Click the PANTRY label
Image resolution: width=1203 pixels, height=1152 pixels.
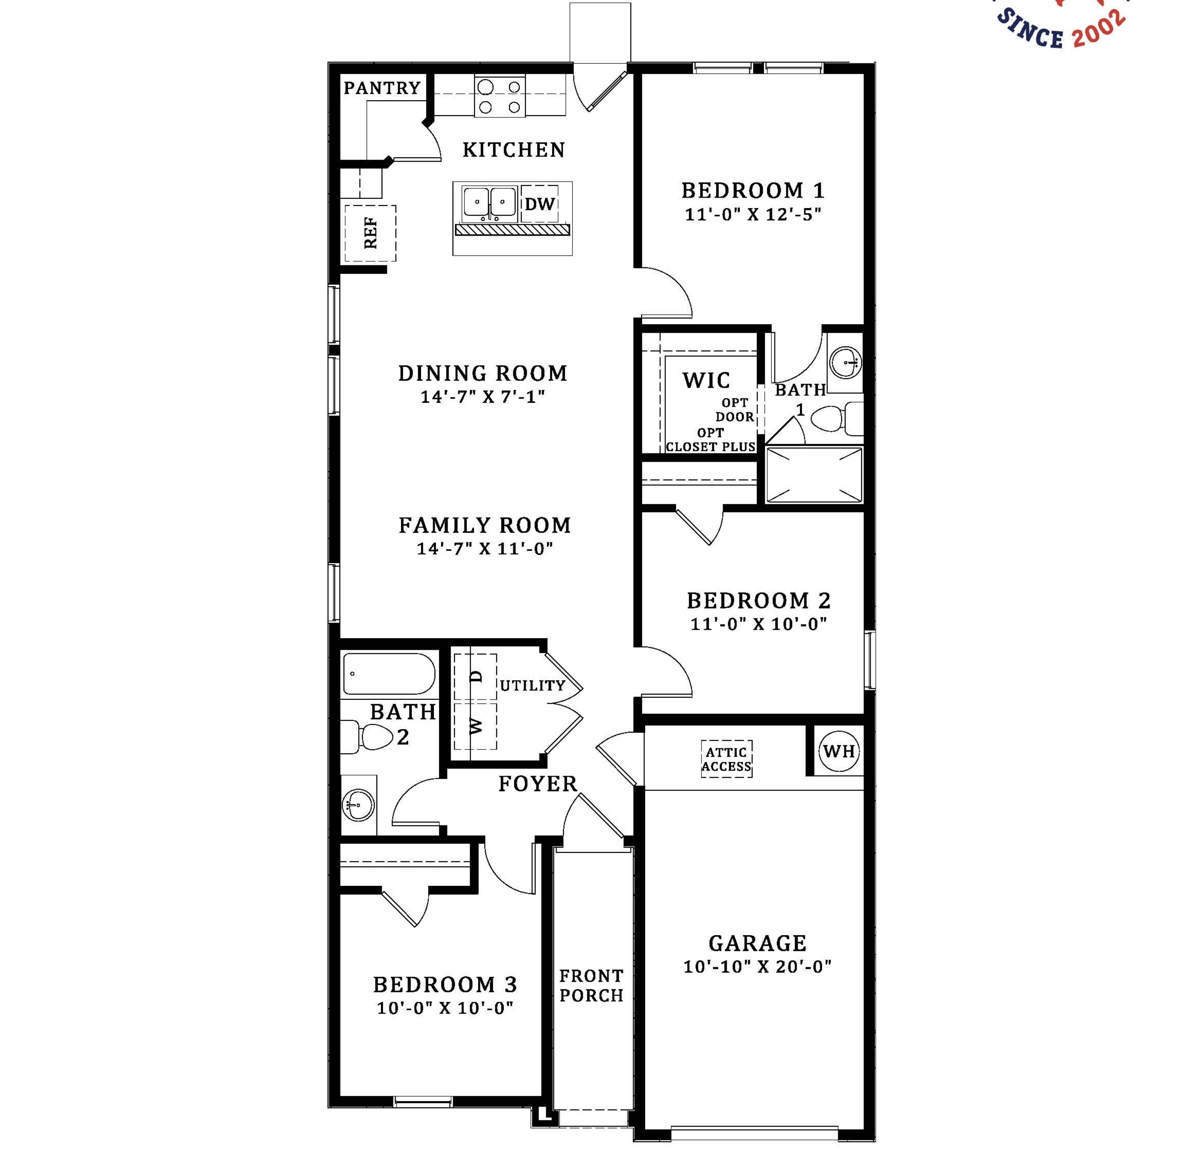pos(382,88)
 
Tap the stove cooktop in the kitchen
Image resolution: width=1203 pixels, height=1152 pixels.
pos(500,96)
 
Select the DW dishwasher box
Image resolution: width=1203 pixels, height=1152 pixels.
pos(539,204)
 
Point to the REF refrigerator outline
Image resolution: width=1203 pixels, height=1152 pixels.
pos(370,233)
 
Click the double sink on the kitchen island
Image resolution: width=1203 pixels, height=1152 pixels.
pos(489,204)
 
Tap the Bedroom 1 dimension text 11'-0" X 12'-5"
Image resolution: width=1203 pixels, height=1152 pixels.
pos(753,215)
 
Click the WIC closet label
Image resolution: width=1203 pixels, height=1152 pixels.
pos(707,380)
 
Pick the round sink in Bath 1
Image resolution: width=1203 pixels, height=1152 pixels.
pos(845,362)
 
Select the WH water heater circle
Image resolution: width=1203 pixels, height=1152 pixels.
pos(839,751)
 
